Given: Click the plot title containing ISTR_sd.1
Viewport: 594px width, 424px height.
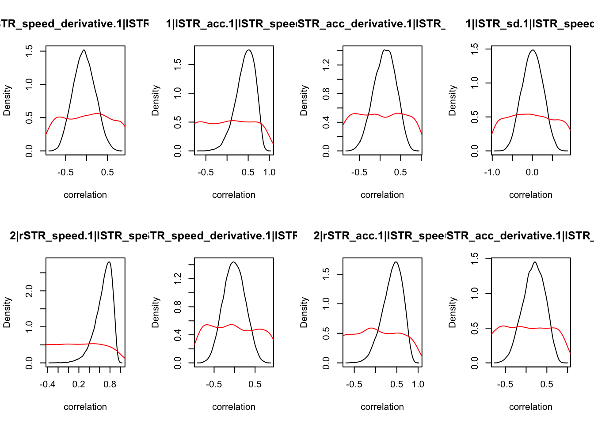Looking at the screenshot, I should [x=529, y=24].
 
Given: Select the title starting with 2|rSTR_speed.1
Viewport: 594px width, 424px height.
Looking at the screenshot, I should [x=79, y=236].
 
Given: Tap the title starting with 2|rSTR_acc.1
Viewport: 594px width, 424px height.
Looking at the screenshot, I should [x=379, y=236].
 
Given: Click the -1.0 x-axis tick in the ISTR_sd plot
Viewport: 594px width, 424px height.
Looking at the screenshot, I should [x=492, y=172].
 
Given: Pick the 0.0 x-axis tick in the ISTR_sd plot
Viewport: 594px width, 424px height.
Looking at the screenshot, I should [x=532, y=172].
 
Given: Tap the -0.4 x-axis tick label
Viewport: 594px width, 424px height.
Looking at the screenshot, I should [x=47, y=384].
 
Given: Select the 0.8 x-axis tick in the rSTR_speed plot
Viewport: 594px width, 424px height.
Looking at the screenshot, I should [x=110, y=384].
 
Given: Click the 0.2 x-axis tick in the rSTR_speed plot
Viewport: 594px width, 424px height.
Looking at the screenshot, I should [x=79, y=384].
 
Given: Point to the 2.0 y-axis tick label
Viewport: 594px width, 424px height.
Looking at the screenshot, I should [x=29, y=291].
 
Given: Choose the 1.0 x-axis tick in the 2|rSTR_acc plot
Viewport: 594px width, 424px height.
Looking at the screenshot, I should [x=418, y=384].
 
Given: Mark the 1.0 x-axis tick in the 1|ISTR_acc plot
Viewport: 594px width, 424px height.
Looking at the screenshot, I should [x=269, y=172].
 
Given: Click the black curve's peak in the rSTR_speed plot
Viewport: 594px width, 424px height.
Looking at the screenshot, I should [x=109, y=262].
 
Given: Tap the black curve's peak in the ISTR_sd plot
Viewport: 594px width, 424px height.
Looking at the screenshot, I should [x=533, y=50].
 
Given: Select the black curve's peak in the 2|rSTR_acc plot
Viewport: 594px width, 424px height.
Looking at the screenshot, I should [x=396, y=262].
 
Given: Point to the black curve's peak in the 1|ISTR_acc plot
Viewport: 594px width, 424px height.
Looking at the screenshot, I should [x=249, y=50].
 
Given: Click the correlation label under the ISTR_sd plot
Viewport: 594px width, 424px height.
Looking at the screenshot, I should [x=530, y=195].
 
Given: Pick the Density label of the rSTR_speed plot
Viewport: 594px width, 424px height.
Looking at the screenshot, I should [x=7, y=312].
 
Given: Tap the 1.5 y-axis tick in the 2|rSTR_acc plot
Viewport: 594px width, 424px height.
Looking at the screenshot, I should [x=326, y=274].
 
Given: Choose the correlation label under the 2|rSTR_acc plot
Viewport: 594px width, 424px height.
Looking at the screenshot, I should [x=382, y=407].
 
